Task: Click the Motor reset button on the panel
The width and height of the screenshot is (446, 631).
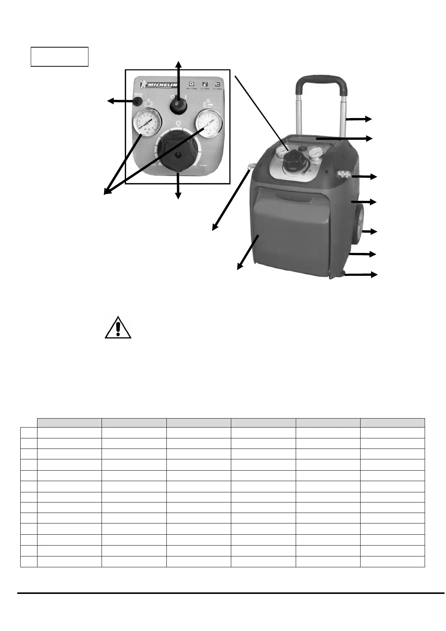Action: coord(137,101)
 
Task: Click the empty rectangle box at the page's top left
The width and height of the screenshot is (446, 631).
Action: coord(59,57)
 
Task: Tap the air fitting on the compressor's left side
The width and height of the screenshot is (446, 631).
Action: coord(250,166)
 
